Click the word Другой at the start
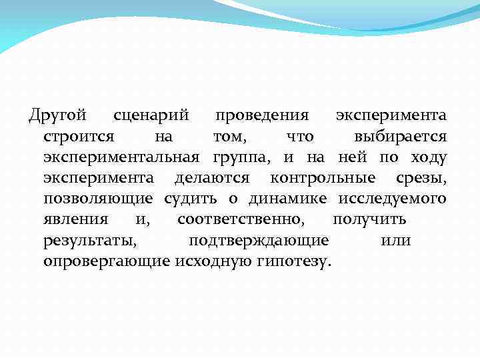(x=58, y=115)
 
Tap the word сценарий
(x=150, y=115)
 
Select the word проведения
(x=261, y=115)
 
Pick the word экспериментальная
(x=121, y=158)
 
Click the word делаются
(x=212, y=178)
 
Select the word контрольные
(x=323, y=178)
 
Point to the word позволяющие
(x=98, y=199)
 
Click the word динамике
(x=288, y=199)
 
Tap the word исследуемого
(x=392, y=199)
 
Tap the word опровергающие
(x=107, y=261)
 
